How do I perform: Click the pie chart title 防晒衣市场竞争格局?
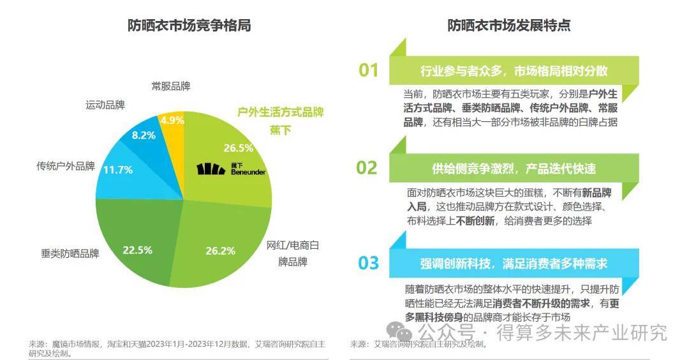point(188,26)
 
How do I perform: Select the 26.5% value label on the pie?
point(238,148)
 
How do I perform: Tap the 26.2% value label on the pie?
point(221,250)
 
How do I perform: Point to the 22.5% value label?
point(137,250)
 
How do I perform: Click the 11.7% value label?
point(117,170)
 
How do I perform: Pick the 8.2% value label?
point(144,135)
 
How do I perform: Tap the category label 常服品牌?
point(171,86)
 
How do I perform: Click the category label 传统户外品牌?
point(66,167)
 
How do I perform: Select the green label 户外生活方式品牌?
point(281,112)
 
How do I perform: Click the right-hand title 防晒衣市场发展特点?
point(508,26)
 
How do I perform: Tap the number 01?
point(368,70)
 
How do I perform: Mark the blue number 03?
point(368,263)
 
